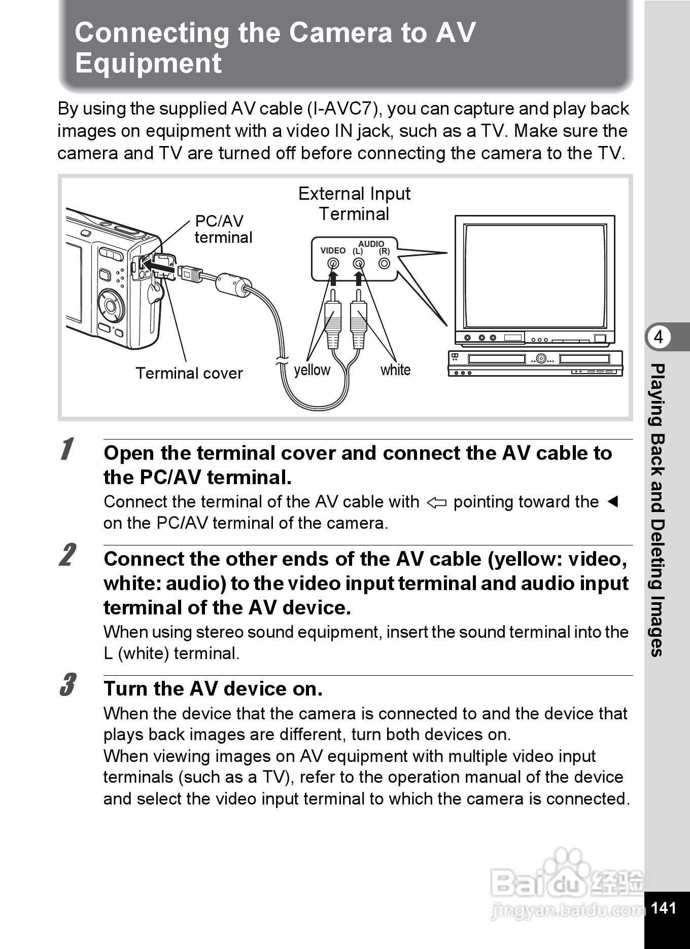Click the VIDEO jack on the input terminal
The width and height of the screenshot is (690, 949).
coord(333,263)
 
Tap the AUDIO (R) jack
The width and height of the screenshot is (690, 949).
coord(384,263)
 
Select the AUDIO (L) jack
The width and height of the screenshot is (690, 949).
coord(359,263)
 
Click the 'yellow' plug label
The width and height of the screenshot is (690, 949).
coord(312,370)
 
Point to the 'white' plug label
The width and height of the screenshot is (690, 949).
coord(395,370)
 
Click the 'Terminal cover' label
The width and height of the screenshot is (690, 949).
coord(189,374)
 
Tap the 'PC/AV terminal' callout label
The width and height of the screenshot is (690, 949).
coord(223,229)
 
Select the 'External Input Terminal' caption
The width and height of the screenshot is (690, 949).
coord(354,204)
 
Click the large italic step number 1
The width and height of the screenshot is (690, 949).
coord(66,449)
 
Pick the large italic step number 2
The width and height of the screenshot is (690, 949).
coord(67,555)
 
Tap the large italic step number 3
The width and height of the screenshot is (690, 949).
coord(67,685)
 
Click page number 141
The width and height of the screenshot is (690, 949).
coord(663,907)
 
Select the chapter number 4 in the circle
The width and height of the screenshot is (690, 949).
coord(659,337)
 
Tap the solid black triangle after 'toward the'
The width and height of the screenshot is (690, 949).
coord(613,502)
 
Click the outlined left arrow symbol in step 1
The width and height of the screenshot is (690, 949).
coord(436,503)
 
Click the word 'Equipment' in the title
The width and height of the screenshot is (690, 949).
coord(148,63)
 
